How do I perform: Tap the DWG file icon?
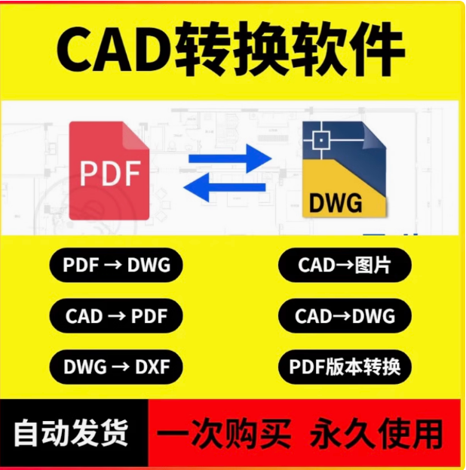click(344, 170)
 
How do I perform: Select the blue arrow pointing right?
click(229, 158)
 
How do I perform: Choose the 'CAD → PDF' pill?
click(116, 315)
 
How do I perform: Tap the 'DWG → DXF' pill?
click(116, 367)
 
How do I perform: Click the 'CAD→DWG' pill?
click(345, 315)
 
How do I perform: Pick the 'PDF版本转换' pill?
click(345, 367)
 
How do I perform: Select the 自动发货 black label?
click(72, 434)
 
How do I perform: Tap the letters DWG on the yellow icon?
click(336, 202)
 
